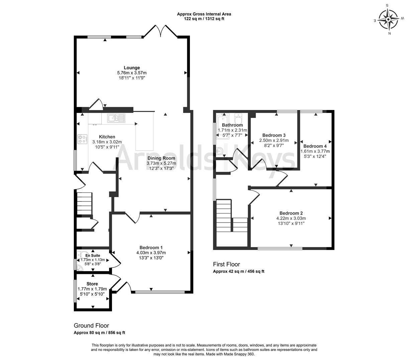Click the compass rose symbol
click(389, 19)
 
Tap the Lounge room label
click(131, 68)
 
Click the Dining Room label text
click(161, 158)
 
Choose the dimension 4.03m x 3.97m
click(151, 253)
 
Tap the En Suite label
click(93, 255)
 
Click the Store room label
click(92, 284)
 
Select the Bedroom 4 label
click(315, 146)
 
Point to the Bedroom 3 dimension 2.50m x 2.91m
click(274, 140)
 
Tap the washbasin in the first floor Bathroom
click(220, 151)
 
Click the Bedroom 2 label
click(291, 213)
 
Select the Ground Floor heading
click(91, 325)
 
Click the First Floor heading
click(226, 264)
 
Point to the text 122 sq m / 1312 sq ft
click(204, 19)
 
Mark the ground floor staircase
click(84, 203)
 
